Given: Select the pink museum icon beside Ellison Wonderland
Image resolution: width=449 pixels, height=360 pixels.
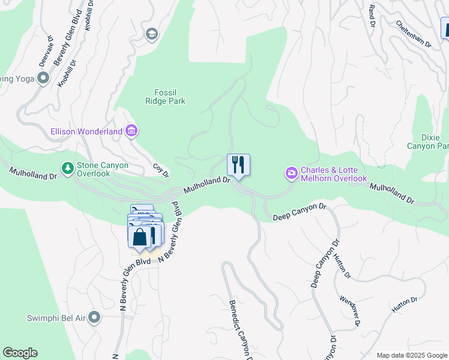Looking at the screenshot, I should pos(131,130).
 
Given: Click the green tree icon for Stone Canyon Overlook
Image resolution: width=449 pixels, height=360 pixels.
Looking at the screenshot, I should pos(68,168).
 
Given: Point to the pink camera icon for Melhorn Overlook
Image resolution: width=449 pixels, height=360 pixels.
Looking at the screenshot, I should pos(291,174).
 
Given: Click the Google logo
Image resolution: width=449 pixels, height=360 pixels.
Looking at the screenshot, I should pos(20,353).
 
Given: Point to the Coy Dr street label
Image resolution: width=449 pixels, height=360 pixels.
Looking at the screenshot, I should pos(160,170).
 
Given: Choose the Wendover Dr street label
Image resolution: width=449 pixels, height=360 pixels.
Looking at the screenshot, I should pos(349,311).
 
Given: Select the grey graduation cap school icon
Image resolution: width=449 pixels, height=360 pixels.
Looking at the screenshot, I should pos(151,34).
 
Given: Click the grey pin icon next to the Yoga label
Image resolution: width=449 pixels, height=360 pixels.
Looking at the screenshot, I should pos(43,78).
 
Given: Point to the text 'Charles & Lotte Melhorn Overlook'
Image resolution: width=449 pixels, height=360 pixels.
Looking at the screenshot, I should pos(333,174).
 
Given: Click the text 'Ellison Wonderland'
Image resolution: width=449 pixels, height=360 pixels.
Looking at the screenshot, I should pos(87,130).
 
